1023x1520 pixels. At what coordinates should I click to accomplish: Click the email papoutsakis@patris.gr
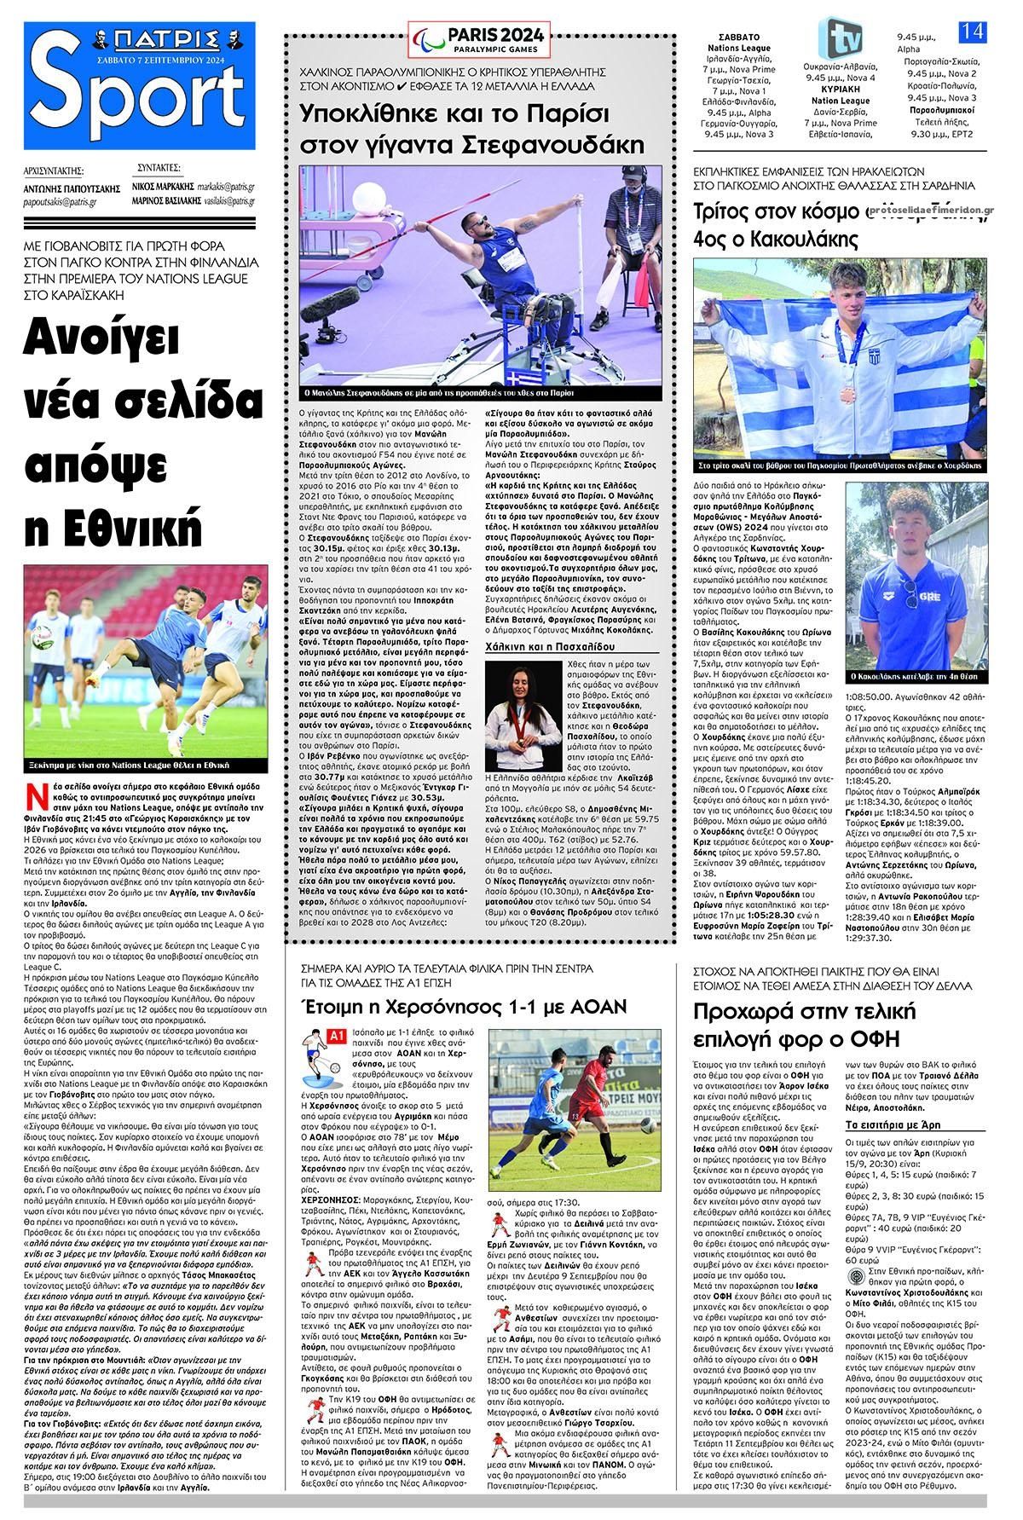(61, 203)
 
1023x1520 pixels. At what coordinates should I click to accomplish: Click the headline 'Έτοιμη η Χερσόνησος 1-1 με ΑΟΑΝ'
(465, 1007)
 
